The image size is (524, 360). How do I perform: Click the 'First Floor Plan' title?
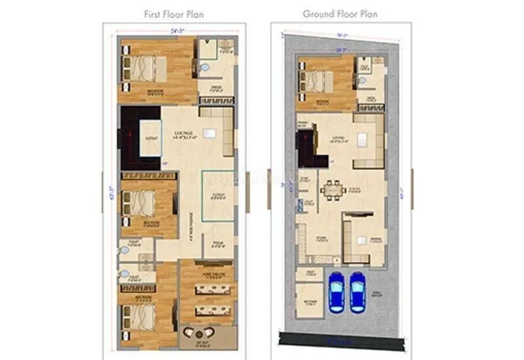(173, 13)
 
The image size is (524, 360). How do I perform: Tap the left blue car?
(336, 291)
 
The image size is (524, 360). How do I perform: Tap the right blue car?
(358, 291)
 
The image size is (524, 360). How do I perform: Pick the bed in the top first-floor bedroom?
(139, 66)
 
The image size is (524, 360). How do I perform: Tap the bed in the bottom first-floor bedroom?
(139, 317)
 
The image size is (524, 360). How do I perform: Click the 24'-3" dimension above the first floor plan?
(174, 31)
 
